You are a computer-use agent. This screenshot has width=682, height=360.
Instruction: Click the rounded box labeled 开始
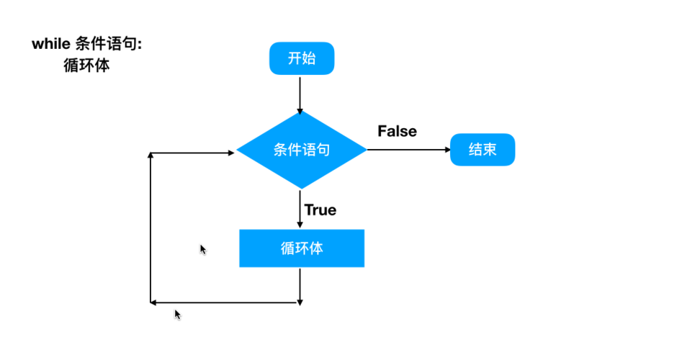[x=302, y=58]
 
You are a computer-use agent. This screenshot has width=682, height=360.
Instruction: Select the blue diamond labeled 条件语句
[x=302, y=150]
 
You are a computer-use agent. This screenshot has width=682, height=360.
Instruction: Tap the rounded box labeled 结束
[x=483, y=150]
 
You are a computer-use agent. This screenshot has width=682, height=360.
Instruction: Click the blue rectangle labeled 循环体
[x=302, y=248]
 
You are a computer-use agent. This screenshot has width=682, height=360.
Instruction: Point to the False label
[x=397, y=131]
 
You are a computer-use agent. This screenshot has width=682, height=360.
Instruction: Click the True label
[x=320, y=210]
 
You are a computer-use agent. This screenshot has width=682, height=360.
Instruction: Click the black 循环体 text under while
[x=86, y=66]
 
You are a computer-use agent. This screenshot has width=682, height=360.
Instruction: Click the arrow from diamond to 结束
[x=407, y=150]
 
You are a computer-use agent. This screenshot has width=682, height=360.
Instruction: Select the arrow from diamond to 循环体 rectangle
[x=299, y=209]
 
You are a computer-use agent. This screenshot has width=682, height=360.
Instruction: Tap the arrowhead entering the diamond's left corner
[x=231, y=153]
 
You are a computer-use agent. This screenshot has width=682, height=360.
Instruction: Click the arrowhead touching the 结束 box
[x=446, y=150]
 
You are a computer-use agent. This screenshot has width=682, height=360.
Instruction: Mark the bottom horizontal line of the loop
[x=223, y=303]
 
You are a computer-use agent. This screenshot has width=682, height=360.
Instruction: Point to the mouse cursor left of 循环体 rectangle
[x=203, y=249]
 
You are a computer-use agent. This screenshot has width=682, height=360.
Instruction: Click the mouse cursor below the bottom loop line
[x=177, y=314]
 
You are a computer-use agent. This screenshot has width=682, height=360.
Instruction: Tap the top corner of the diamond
[x=300, y=112]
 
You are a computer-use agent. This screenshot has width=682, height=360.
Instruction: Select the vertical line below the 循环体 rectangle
[x=299, y=285]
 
